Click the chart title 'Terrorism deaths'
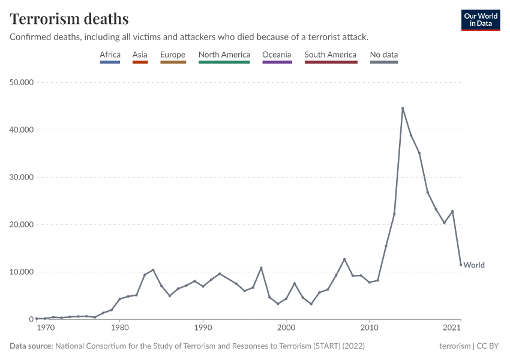click(x=69, y=19)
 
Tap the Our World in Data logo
click(x=481, y=20)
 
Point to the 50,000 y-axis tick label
click(x=20, y=82)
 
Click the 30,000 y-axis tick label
click(x=20, y=177)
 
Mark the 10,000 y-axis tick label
click(x=20, y=272)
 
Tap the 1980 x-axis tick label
click(x=120, y=328)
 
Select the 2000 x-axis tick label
click(x=286, y=328)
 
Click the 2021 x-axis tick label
click(x=452, y=328)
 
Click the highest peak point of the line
click(x=403, y=108)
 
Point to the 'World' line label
click(x=474, y=265)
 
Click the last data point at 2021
click(x=461, y=265)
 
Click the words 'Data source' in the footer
click(x=31, y=346)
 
